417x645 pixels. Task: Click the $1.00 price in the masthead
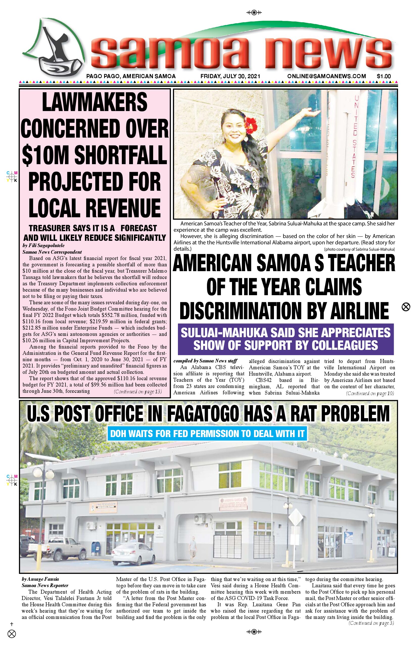pos(384,76)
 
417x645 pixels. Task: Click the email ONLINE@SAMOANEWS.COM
pos(327,76)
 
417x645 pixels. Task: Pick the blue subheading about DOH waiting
pos(207,434)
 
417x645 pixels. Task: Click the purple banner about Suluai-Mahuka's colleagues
pos(286,339)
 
